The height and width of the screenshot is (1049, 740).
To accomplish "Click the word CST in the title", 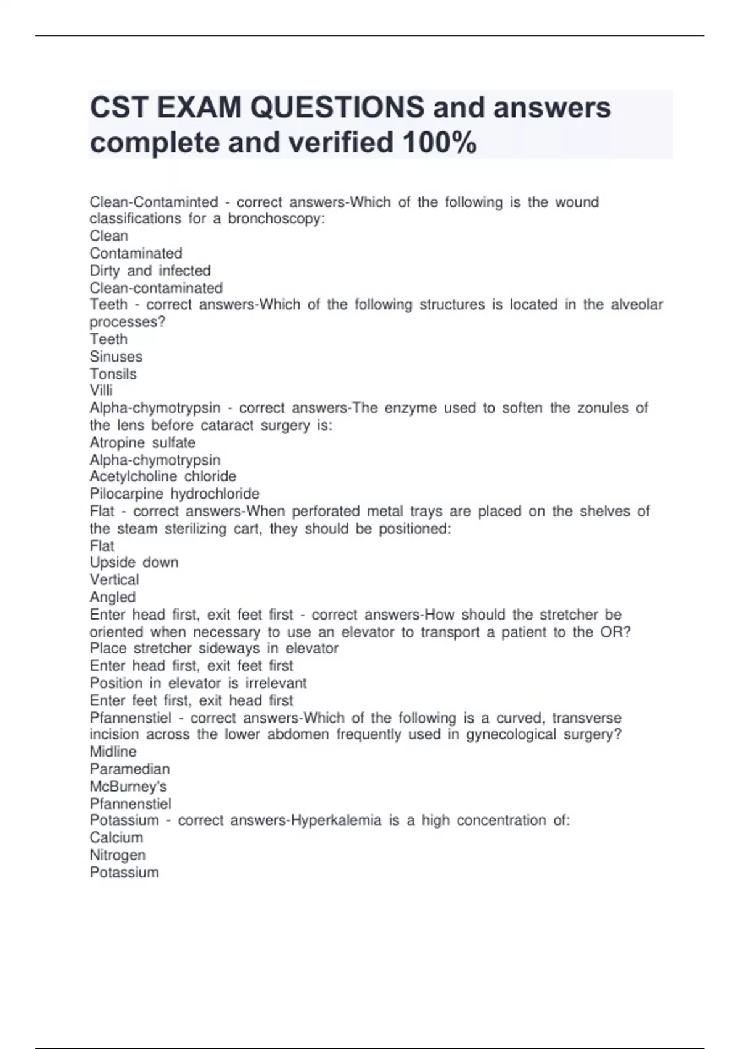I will (x=119, y=107).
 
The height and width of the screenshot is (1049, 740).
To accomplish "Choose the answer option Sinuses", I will (x=116, y=357).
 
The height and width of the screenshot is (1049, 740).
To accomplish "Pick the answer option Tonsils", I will (x=113, y=374).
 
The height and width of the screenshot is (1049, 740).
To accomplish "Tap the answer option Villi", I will (x=101, y=390).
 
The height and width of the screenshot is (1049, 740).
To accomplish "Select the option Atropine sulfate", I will (x=142, y=442).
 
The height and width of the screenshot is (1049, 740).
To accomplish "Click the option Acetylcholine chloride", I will (x=163, y=476).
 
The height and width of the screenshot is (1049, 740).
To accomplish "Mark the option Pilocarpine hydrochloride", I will (x=175, y=494).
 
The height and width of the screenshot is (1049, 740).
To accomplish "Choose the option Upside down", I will (x=134, y=562).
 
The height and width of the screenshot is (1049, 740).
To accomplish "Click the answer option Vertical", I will (x=114, y=579).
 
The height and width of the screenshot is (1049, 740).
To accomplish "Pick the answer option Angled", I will (x=112, y=597).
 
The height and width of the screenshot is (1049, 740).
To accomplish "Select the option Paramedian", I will (x=129, y=769).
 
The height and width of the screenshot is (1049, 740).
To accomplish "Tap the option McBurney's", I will (x=128, y=786).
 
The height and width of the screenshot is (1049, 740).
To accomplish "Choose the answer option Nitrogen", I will (x=118, y=855).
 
